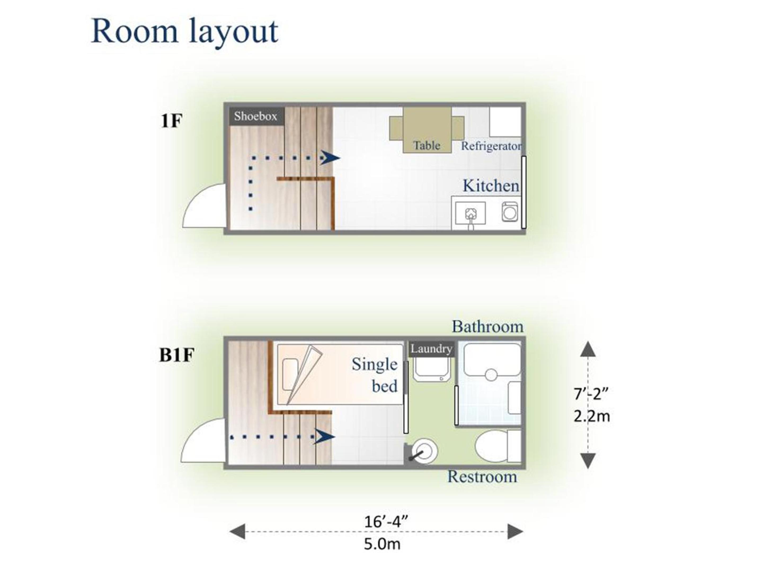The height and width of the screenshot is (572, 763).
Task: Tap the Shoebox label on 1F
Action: [x=256, y=116]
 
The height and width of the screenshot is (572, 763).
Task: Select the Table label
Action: [x=427, y=145]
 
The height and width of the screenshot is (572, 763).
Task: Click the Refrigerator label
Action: [x=491, y=146]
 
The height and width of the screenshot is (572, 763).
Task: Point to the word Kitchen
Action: [x=491, y=186]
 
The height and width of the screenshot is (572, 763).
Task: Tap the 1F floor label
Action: [x=171, y=121]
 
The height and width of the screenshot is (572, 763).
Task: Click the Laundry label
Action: [x=432, y=349]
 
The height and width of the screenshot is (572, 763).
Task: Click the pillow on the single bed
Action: [x=290, y=375]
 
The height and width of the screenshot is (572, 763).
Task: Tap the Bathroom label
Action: [x=488, y=327]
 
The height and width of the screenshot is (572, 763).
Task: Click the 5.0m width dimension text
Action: [x=382, y=544]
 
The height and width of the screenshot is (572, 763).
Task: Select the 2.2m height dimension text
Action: [x=592, y=417]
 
